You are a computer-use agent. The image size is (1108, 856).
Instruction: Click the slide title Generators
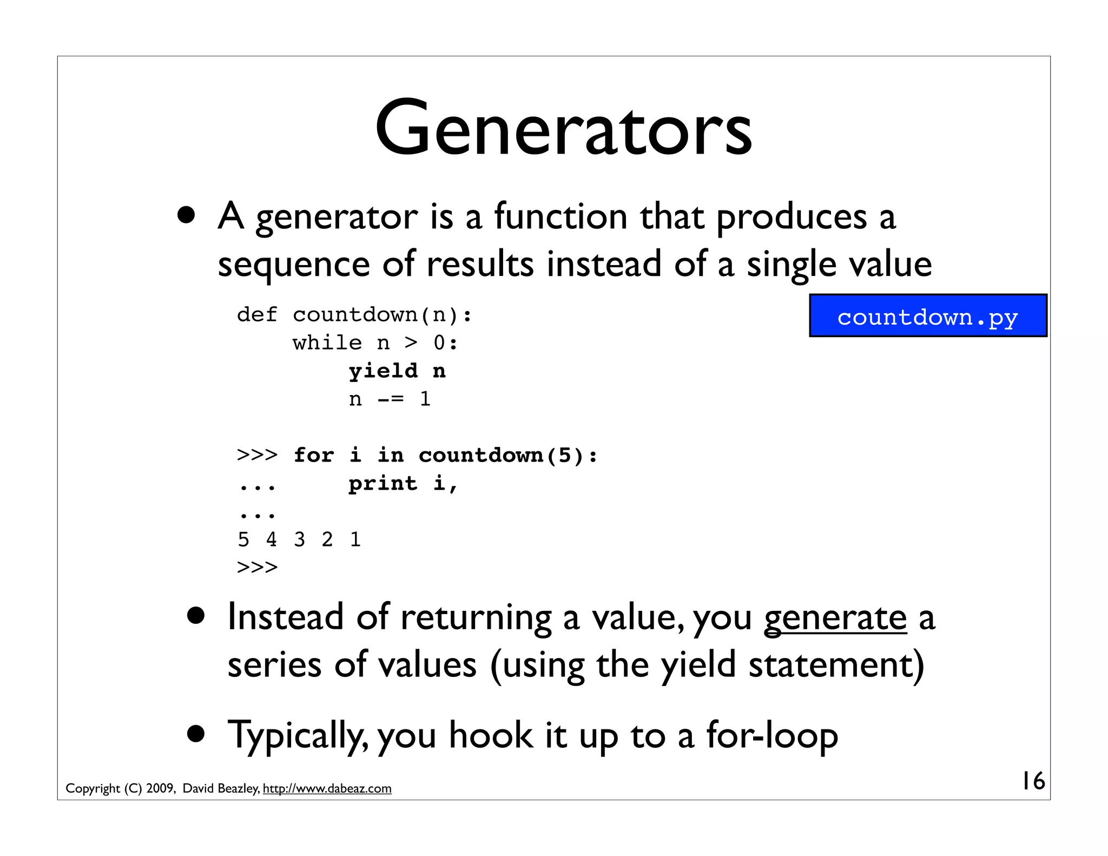(x=563, y=129)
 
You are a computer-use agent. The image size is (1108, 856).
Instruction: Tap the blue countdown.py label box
(x=928, y=316)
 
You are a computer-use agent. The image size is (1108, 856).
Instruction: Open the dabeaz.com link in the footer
(x=327, y=788)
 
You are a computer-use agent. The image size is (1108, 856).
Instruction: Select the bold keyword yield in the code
(x=383, y=371)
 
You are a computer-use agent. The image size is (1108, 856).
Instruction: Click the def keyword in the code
(x=257, y=314)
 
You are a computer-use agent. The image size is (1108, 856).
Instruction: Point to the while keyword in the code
(x=327, y=343)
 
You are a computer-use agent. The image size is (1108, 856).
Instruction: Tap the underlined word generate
(x=835, y=618)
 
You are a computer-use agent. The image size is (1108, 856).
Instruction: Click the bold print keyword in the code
(x=383, y=483)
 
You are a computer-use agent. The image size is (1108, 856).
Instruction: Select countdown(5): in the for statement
(x=508, y=455)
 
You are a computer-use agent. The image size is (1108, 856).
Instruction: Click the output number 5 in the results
(x=243, y=539)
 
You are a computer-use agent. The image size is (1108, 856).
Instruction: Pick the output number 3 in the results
(x=299, y=539)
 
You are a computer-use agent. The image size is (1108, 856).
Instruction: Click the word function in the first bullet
(x=560, y=216)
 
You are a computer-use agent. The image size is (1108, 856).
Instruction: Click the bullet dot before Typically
(x=196, y=734)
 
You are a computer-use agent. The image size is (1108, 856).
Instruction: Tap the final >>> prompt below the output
(x=257, y=567)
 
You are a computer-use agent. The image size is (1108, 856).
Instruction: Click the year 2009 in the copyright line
(x=160, y=788)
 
